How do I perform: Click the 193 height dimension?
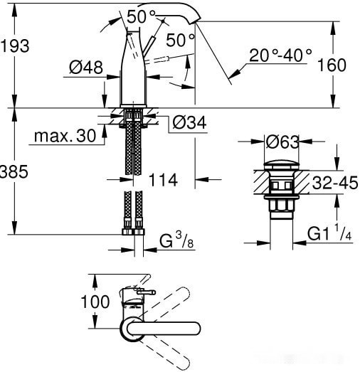pos(15,46)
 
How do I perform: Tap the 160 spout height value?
pos(331,65)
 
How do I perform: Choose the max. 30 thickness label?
pos(66,136)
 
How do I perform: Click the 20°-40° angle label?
pos(280,55)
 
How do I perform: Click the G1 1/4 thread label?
pos(330,234)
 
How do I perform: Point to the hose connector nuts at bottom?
pos(133,231)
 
